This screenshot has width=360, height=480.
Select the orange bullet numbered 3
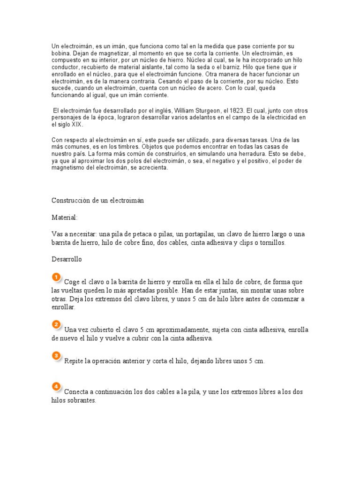pos(56,356)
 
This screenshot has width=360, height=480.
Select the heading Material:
pos(65,218)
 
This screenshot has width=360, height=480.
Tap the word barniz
pos(239,67)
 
